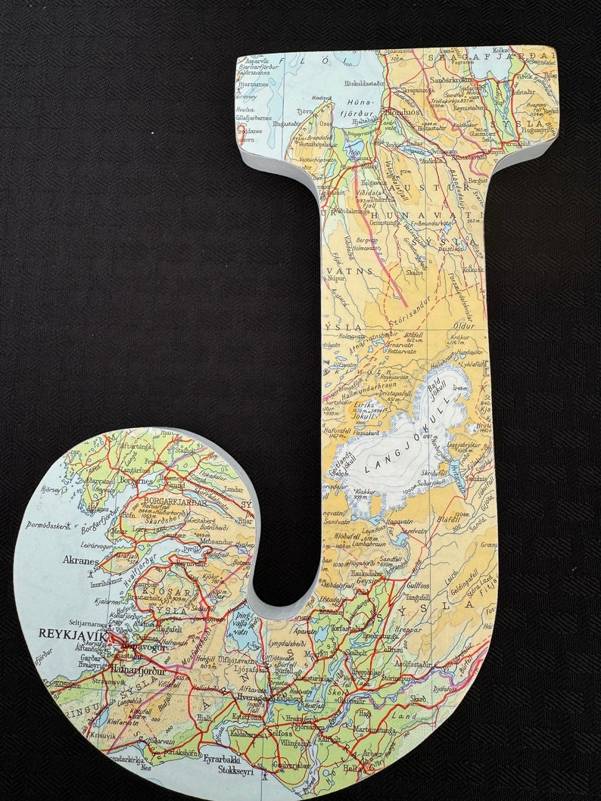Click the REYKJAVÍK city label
pyautogui.click(x=73, y=631)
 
